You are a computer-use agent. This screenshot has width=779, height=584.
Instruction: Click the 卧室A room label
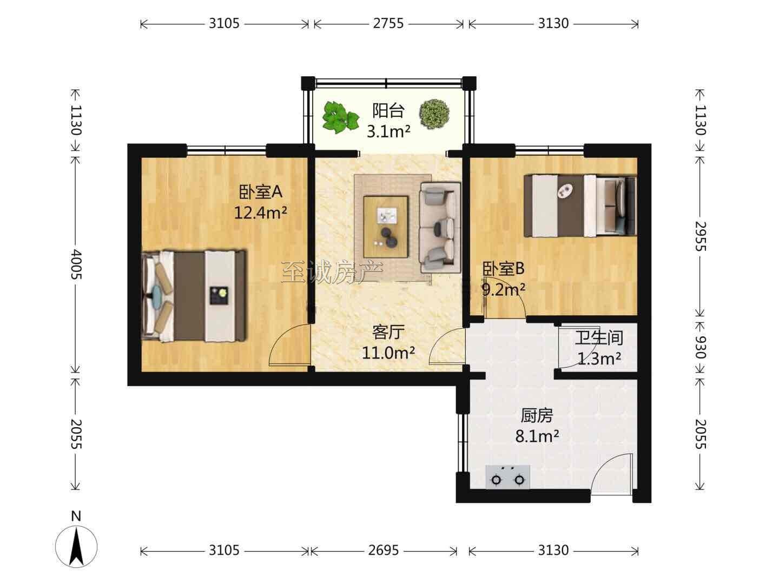(x=260, y=192)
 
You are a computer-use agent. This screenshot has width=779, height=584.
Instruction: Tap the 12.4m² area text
(x=260, y=213)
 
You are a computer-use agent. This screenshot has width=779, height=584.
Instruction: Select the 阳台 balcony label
(x=388, y=111)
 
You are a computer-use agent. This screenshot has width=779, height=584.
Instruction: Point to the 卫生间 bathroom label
(x=599, y=337)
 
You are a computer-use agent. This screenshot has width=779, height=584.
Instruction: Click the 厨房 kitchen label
(x=537, y=416)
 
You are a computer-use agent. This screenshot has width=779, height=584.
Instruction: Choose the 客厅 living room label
(x=388, y=332)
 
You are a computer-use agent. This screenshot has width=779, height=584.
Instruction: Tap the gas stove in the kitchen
(x=508, y=477)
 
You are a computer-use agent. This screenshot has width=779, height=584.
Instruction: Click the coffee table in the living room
(x=386, y=227)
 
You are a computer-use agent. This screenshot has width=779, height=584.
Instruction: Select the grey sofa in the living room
(x=440, y=227)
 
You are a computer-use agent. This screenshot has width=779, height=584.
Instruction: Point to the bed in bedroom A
(x=194, y=296)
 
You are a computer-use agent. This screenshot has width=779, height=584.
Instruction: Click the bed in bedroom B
(x=580, y=205)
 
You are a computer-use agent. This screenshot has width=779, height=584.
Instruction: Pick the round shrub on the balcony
(x=434, y=114)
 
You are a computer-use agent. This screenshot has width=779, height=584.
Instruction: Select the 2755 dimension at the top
(x=388, y=23)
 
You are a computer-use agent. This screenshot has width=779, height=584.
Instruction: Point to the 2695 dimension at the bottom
(x=384, y=550)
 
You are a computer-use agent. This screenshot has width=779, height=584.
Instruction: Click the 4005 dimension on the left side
(x=76, y=264)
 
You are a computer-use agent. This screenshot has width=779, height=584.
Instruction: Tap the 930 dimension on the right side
(x=701, y=347)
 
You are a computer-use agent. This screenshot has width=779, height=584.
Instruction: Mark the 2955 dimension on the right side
(x=701, y=236)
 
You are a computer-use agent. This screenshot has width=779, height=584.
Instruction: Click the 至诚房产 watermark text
(x=332, y=273)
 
